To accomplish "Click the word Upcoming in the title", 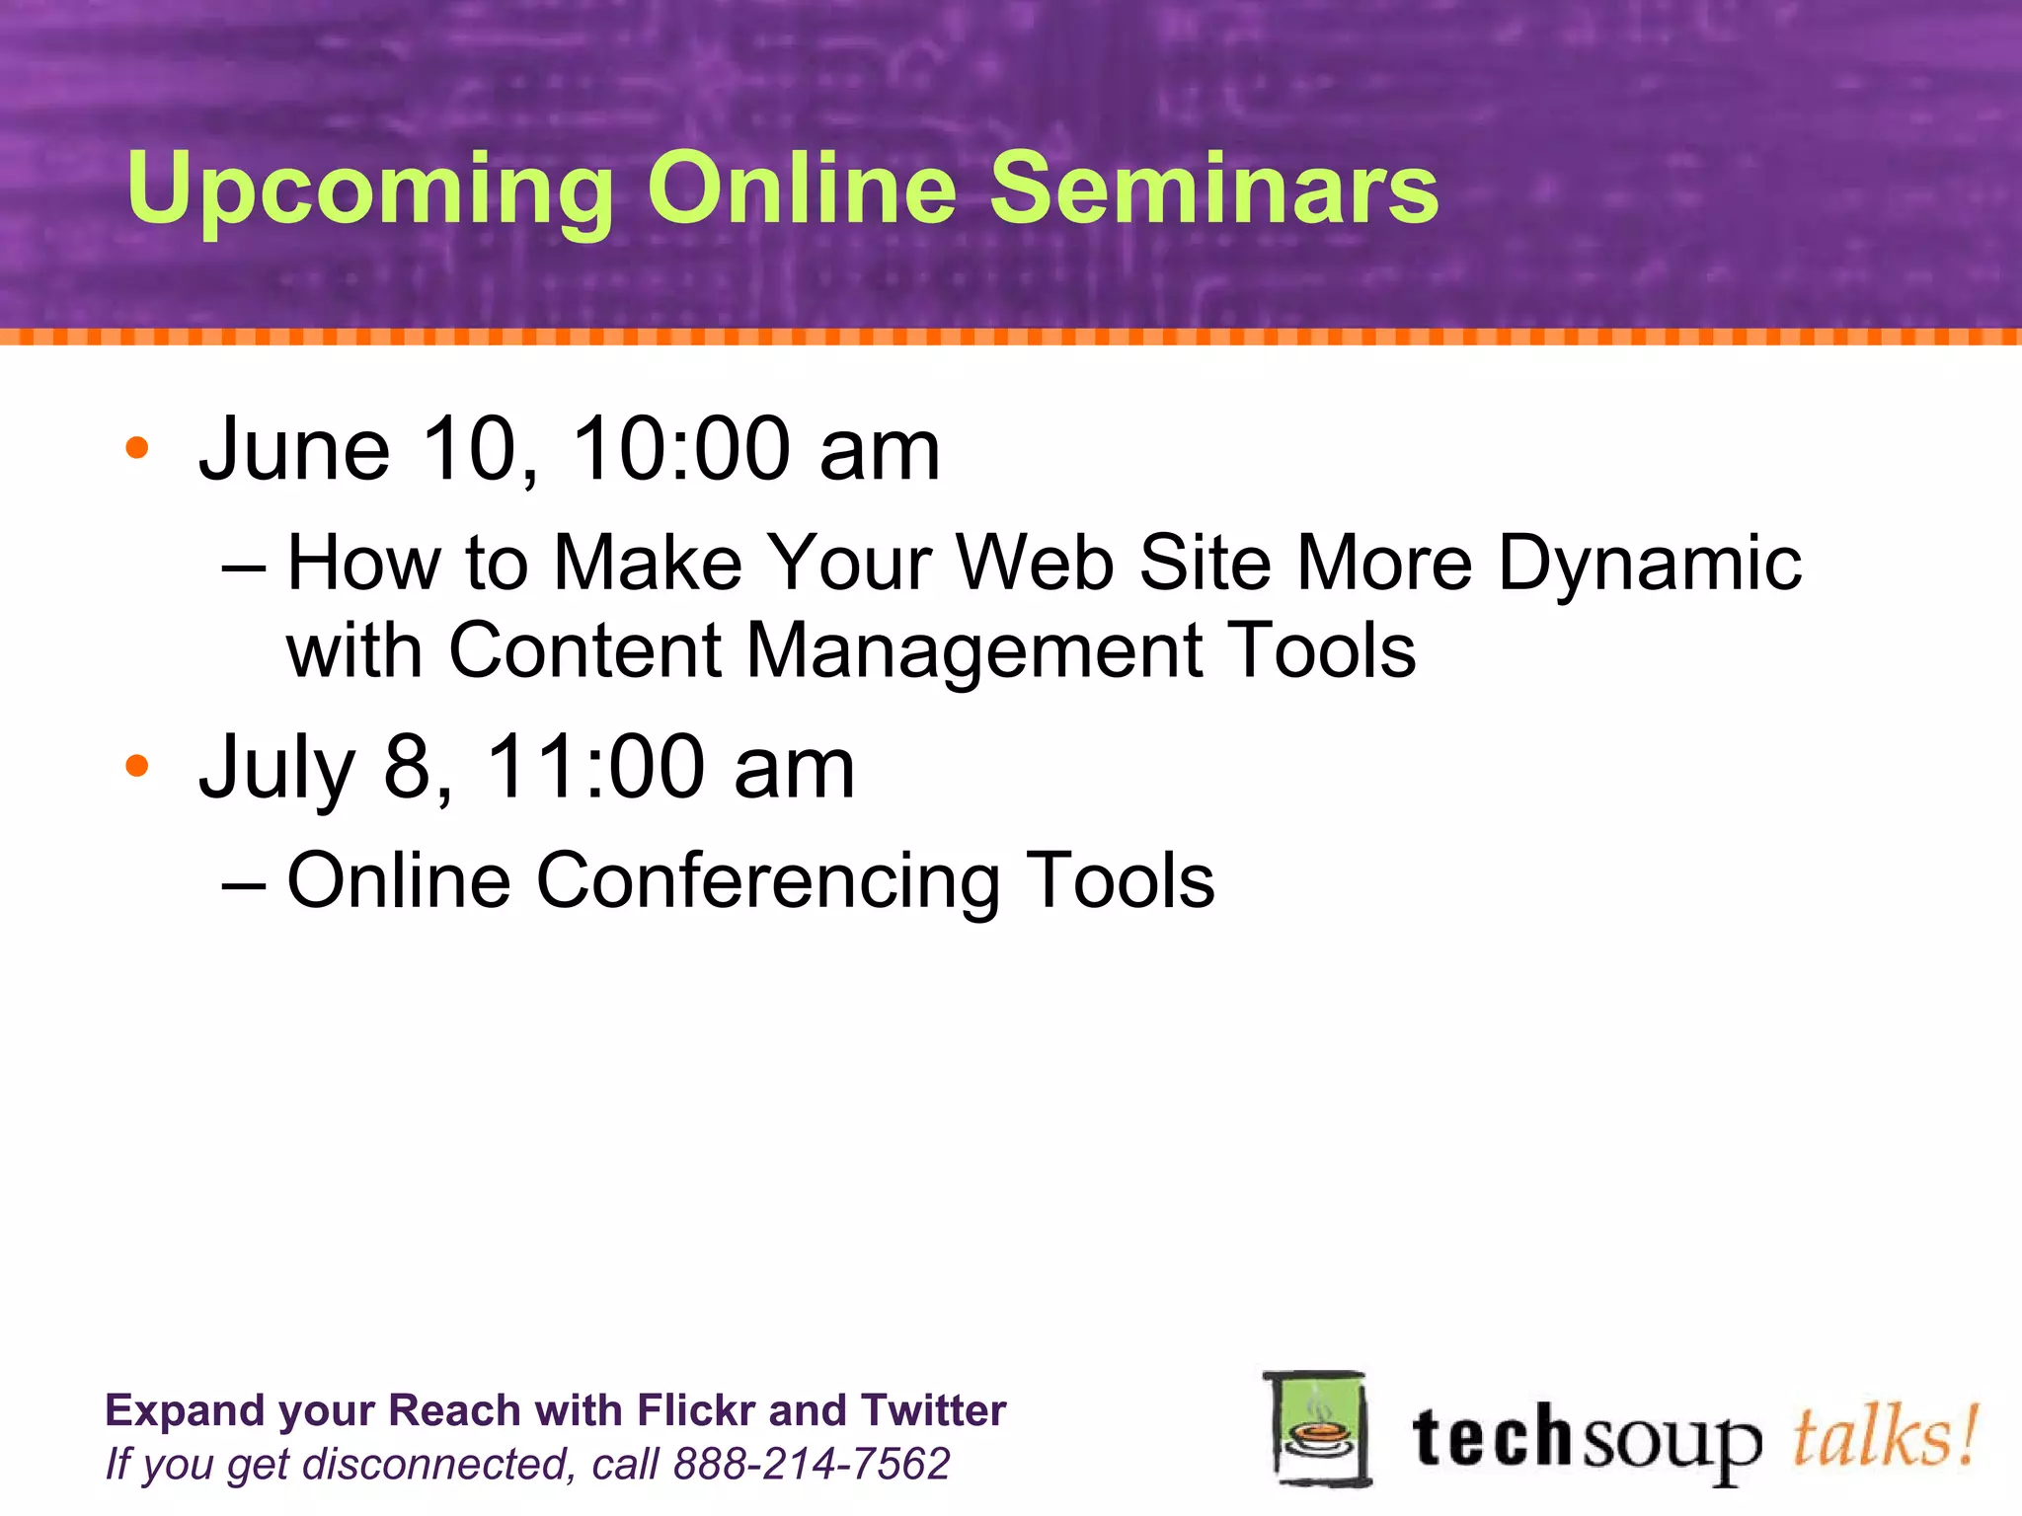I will [370, 189].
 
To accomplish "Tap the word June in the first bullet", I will [294, 449].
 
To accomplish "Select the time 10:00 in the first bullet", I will [681, 449].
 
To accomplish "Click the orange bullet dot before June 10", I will [137, 449].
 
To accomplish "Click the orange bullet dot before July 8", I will [137, 766].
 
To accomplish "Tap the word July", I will [276, 768].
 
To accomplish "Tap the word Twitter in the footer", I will [933, 1410].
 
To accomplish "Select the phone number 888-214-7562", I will [811, 1464].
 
